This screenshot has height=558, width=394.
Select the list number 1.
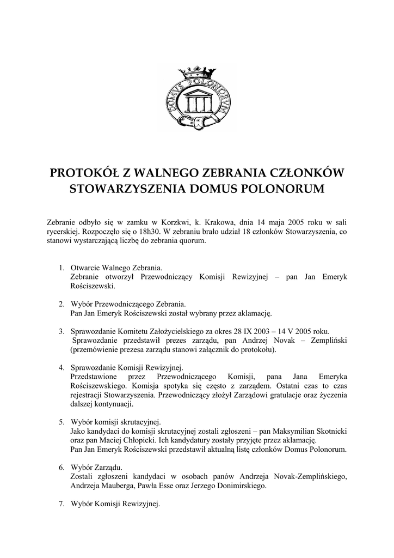[x=61, y=268]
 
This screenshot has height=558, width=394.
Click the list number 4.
[x=61, y=368]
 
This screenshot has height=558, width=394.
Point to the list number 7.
[x=61, y=504]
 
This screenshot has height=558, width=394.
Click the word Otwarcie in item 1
[x=85, y=268]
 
